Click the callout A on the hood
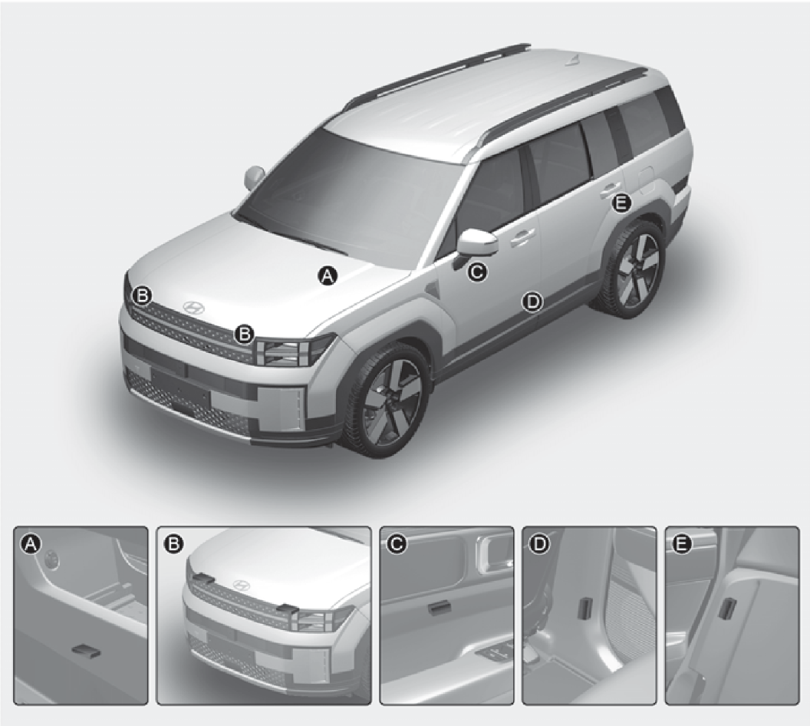pos(327,276)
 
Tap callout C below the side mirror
pos(477,271)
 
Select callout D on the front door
pos(532,302)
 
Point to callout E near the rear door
pos(621,203)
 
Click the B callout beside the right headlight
pos(244,334)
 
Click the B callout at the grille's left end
pos(143,296)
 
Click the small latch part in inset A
pos(85,651)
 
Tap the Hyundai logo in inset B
pos(239,585)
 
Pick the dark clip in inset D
pos(586,608)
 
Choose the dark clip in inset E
pos(729,608)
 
